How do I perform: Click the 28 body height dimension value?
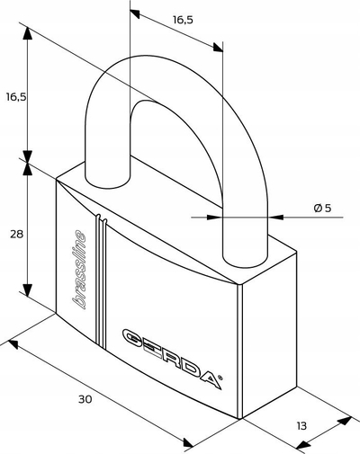tap(16, 234)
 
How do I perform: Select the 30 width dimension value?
tap(85, 399)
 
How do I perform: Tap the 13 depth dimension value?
tap(301, 425)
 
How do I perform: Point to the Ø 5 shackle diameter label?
tap(322, 208)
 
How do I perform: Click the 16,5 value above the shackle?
tap(183, 20)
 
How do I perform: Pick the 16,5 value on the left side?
tap(16, 97)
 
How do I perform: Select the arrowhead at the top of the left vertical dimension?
tap(28, 33)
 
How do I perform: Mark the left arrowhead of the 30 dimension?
tap(13, 344)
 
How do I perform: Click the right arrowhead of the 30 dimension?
tap(188, 443)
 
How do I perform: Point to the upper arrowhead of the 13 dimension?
tap(345, 421)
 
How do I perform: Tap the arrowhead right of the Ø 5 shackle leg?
tap(274, 217)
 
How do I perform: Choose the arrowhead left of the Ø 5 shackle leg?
tap(215, 217)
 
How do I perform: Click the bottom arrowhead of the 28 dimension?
tap(28, 290)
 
